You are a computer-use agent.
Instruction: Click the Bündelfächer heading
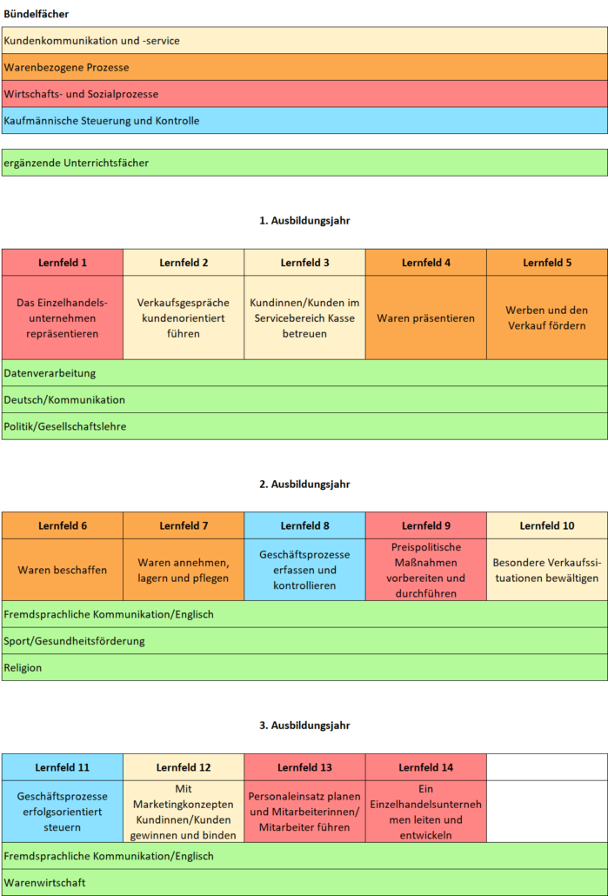[x=36, y=14]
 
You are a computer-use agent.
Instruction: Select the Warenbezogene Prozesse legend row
[x=304, y=67]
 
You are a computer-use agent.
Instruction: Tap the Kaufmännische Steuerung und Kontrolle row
[x=304, y=121]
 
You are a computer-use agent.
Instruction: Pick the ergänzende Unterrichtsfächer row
[x=304, y=163]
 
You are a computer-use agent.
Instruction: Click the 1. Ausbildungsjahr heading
[x=304, y=221]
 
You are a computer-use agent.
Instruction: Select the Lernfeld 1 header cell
[x=63, y=263]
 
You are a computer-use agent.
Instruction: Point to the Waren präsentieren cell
[x=426, y=318]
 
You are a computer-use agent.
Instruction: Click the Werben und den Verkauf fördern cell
[x=547, y=318]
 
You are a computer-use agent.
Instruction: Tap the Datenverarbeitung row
[x=304, y=373]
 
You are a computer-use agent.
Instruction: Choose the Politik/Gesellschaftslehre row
[x=304, y=426]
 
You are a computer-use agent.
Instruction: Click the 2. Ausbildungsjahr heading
[x=304, y=485]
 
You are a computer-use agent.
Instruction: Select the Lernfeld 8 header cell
[x=304, y=525]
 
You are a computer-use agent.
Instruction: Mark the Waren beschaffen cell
[x=63, y=570]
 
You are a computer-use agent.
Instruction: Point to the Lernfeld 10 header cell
[x=547, y=525]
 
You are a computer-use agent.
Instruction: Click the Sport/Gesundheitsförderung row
[x=304, y=640]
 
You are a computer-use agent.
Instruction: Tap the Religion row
[x=304, y=667]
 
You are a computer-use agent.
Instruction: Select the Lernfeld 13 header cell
[x=304, y=767]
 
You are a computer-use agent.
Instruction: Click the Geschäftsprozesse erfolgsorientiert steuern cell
[x=63, y=812]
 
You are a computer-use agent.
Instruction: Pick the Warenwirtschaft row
[x=304, y=882]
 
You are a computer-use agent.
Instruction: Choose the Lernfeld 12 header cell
[x=184, y=767]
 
